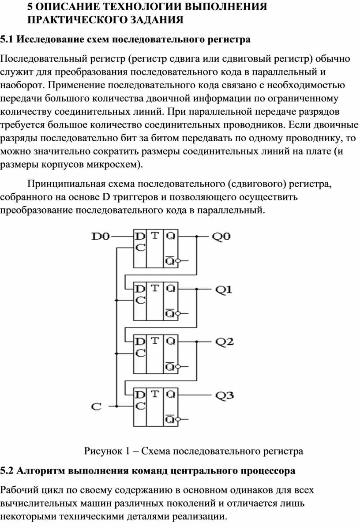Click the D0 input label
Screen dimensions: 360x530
(101, 237)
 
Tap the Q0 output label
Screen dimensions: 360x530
(221, 237)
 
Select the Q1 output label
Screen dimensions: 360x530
(224, 289)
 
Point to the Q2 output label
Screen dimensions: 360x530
(224, 342)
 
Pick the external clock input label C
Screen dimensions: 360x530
(96, 407)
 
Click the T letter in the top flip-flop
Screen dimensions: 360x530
(155, 236)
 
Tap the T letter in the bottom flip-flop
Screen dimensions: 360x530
(155, 394)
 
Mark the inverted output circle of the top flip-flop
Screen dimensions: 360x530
(178, 261)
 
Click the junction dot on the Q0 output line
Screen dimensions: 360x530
(197, 236)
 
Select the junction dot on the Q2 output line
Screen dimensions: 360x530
(197, 342)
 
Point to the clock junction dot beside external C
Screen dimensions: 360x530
(116, 406)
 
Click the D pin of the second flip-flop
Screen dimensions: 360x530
(140, 289)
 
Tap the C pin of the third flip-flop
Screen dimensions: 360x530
(140, 353)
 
